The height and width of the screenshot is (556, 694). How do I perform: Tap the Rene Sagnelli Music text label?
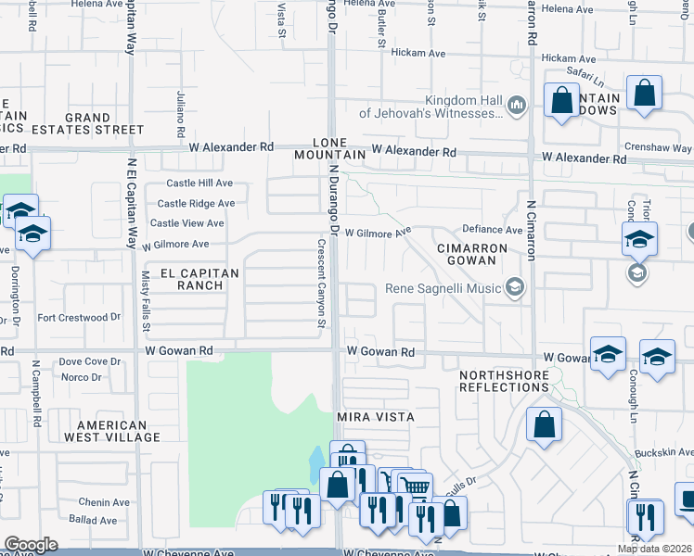pos(443,288)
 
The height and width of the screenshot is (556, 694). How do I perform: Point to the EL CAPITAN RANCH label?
pos(199,279)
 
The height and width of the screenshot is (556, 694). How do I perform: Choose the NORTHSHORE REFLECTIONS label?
pos(504,380)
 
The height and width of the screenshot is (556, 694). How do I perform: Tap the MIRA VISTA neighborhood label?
pos(375,418)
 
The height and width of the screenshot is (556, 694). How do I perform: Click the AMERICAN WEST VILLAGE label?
pos(106,430)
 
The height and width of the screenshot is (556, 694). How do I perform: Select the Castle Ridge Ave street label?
pos(196,204)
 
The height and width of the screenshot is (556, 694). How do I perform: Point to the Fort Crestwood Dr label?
pos(79,317)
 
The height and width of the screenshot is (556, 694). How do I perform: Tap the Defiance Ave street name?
pos(493,230)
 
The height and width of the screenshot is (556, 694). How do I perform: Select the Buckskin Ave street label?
pos(664,453)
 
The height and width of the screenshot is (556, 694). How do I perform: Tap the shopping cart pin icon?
pos(415,486)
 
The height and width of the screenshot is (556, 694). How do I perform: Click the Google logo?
pos(31,545)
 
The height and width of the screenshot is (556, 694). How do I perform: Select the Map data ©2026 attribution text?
pos(653,549)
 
